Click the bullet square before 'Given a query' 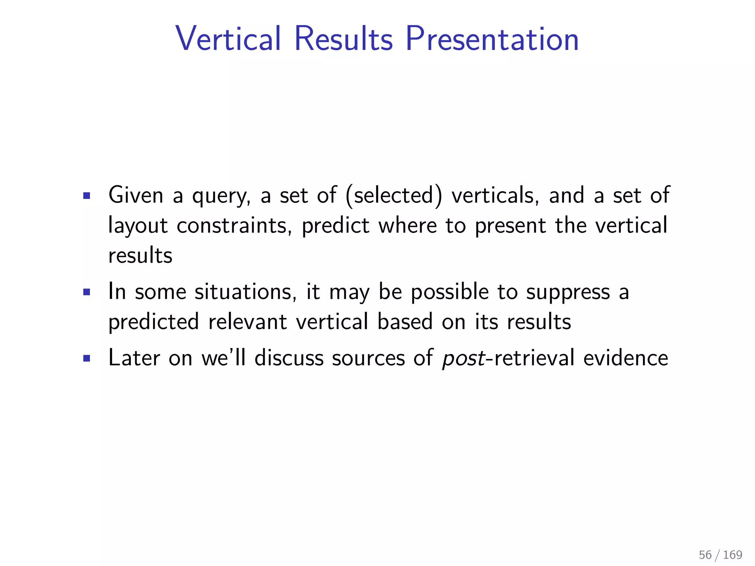87,195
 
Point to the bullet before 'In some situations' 87,292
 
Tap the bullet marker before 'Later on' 87,358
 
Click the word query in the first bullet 221,196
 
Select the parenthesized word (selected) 394,195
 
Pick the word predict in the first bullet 335,226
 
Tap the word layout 138,226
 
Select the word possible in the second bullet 449,293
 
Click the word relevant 247,322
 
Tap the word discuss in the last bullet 289,358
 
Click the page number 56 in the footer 705,555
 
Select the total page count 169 732,555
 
